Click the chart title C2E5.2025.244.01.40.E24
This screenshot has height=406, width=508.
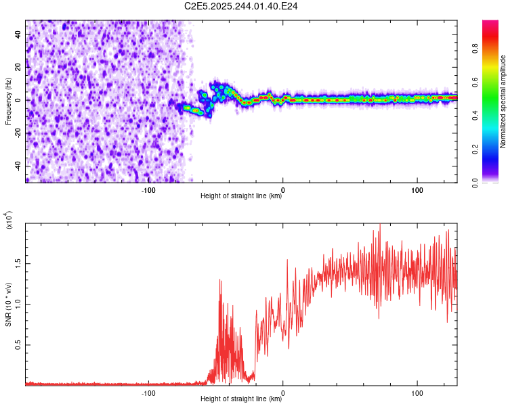pyautogui.click(x=241, y=6)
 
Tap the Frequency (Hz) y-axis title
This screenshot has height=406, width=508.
pyautogui.click(x=8, y=101)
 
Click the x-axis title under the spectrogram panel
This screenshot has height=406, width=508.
pyautogui.click(x=241, y=196)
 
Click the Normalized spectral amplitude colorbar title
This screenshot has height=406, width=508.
pyautogui.click(x=503, y=101)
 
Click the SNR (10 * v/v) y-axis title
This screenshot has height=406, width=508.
pyautogui.click(x=8, y=304)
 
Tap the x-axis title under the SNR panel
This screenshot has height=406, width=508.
pyautogui.click(x=241, y=399)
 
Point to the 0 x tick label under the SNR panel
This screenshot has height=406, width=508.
pyautogui.click(x=282, y=392)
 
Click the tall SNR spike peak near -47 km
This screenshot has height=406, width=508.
pyautogui.click(x=219, y=279)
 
